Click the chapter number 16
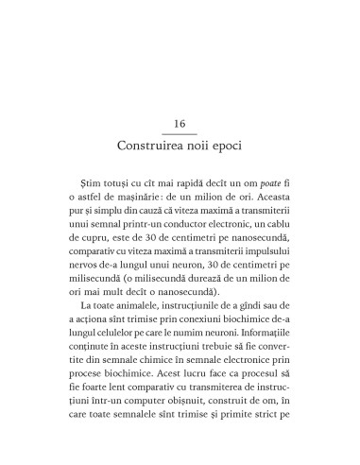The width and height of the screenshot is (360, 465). tap(180, 125)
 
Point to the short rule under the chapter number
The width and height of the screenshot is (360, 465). tap(180, 135)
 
